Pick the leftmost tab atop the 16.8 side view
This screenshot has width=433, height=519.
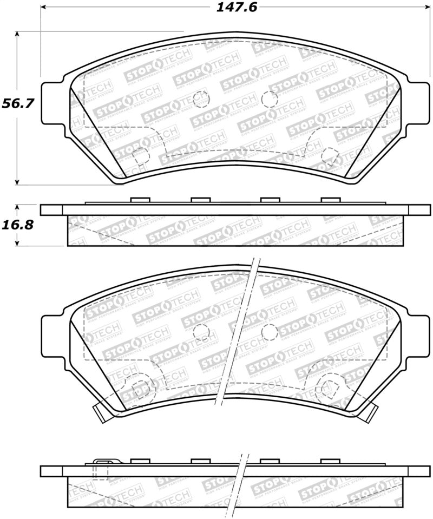(140, 200)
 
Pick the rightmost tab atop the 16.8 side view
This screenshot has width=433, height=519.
(330, 200)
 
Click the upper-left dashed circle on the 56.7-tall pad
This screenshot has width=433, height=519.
(201, 98)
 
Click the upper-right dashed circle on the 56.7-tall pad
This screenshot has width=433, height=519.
(269, 98)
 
